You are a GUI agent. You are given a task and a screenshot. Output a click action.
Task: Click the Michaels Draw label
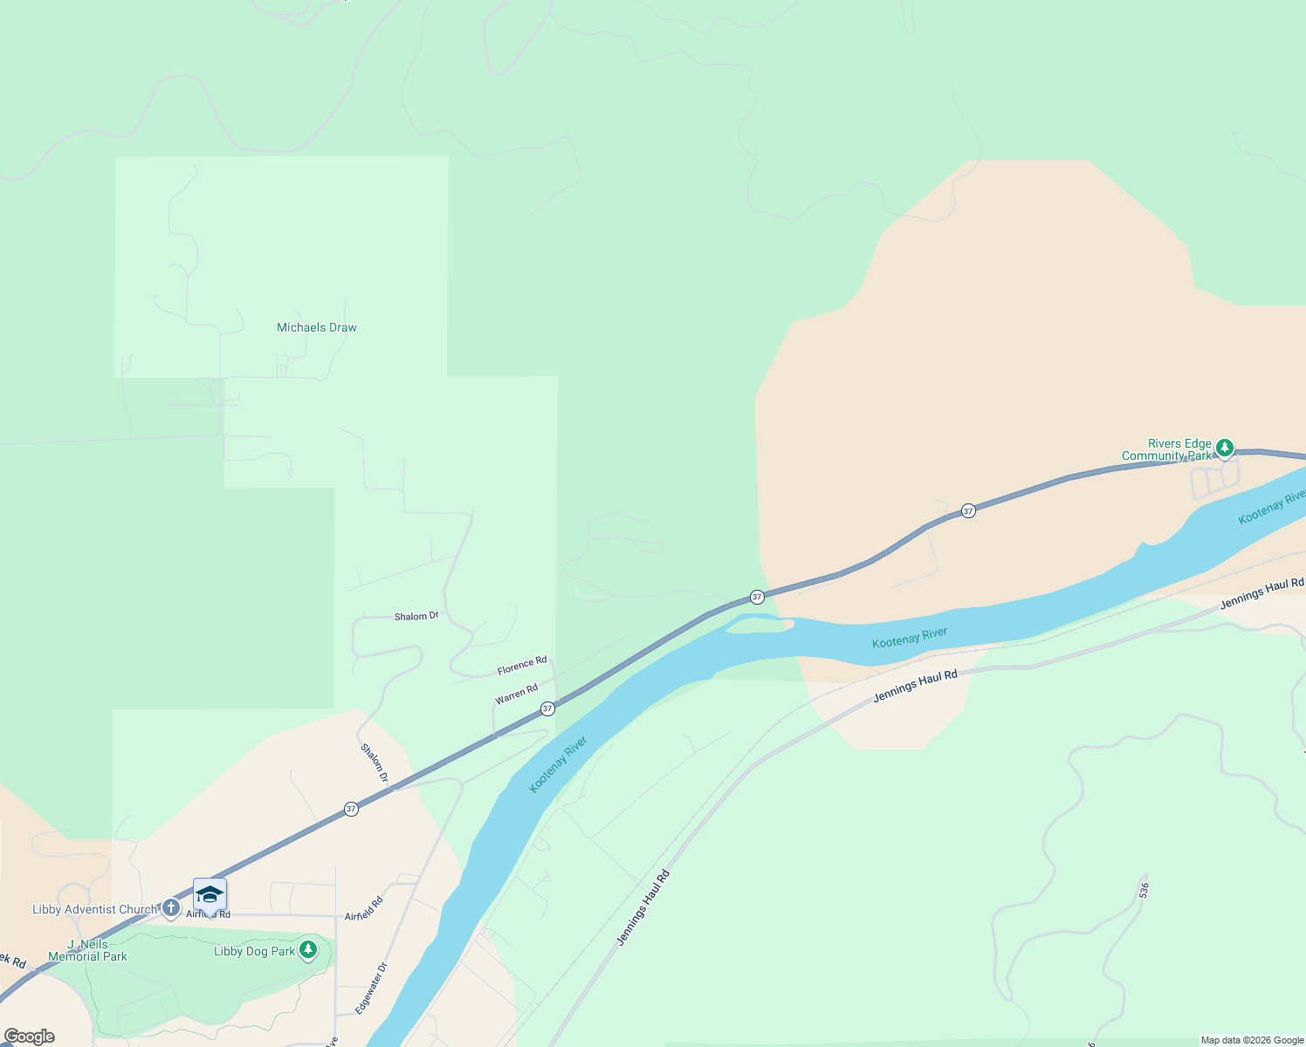tap(317, 328)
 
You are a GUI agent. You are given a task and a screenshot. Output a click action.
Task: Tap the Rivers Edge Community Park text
tap(1167, 450)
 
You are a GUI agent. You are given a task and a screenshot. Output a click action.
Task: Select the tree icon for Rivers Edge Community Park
tap(1225, 448)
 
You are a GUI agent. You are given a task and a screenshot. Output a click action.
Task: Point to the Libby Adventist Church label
tap(94, 909)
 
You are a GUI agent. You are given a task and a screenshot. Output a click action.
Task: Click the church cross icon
tap(170, 909)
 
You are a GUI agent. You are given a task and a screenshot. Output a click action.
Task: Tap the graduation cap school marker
tap(210, 894)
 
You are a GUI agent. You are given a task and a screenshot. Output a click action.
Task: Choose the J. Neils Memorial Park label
tap(87, 950)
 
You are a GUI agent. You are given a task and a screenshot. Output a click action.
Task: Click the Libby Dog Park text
tap(254, 951)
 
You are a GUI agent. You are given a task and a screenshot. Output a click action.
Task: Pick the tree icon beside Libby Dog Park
tap(307, 950)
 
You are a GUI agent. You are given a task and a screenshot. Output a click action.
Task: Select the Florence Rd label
tap(522, 666)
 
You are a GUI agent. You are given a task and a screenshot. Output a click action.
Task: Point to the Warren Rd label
tap(516, 695)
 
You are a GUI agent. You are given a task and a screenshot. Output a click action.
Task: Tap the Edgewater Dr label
tap(371, 989)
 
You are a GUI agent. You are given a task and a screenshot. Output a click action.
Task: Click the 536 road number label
tap(1144, 890)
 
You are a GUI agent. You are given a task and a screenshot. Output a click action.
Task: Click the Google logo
tap(30, 1037)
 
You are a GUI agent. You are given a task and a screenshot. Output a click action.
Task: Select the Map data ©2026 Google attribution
tap(1252, 1040)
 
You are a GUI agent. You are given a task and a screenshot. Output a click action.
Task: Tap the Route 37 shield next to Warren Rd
tap(547, 708)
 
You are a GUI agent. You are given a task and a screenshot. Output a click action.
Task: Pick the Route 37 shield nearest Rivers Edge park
tap(968, 510)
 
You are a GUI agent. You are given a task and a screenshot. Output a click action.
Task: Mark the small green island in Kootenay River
tap(756, 624)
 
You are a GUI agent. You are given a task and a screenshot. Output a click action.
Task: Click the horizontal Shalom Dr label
tap(416, 616)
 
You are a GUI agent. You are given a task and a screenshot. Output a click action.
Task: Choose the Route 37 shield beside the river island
tap(757, 597)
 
